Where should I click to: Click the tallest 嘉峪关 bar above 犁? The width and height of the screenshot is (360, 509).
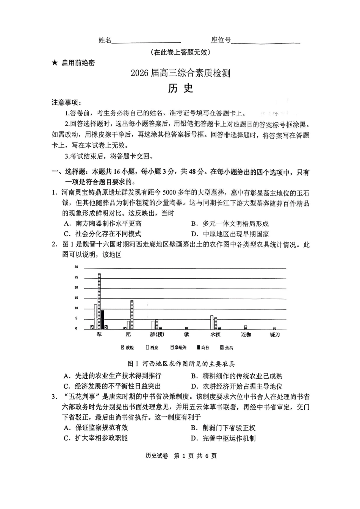99,301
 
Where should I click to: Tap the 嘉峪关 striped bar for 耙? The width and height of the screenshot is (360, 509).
132,315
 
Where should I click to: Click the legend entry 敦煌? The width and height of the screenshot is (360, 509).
127,347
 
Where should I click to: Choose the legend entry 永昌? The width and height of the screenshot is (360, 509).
226,347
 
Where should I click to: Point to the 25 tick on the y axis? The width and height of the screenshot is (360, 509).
76,278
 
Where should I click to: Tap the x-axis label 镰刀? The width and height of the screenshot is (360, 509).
275,335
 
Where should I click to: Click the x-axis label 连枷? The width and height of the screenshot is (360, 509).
246,335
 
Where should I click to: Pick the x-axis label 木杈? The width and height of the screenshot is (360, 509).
215,335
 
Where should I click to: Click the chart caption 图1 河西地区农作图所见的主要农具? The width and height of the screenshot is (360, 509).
182,364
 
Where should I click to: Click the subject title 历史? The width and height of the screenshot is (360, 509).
181,88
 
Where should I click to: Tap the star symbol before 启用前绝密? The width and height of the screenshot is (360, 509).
55,63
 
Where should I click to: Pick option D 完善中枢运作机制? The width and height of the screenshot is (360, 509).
224,438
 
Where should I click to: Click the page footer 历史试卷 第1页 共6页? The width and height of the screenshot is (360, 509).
181,456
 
